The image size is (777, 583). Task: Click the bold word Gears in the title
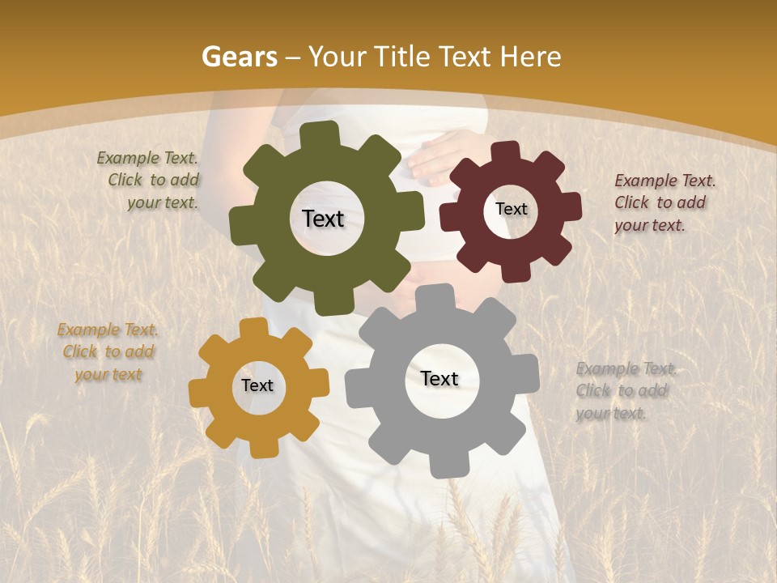[x=239, y=57]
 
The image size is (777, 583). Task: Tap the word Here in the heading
[x=531, y=57]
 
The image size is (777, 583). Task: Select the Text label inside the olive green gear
[x=323, y=219]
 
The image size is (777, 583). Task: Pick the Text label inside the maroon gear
[x=511, y=209]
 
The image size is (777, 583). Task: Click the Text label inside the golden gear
[x=257, y=386]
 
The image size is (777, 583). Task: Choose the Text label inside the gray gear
[x=439, y=379]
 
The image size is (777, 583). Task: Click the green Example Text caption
[x=149, y=181]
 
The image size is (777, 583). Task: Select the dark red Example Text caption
[x=664, y=202]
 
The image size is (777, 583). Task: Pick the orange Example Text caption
[x=108, y=351]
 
